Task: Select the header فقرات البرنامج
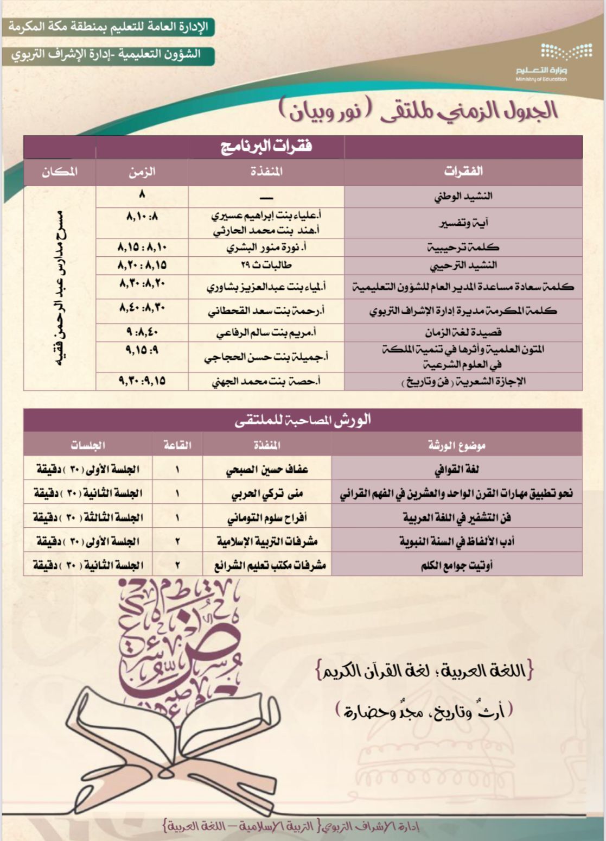[266, 147]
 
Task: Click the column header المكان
[60, 172]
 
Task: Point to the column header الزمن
[142, 172]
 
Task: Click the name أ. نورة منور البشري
[266, 248]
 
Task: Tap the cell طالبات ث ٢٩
[266, 265]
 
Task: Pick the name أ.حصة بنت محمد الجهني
[266, 381]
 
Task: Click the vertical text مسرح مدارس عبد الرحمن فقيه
[61, 288]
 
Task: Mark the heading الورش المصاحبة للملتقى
[303, 420]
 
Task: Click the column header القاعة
[177, 446]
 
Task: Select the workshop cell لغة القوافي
[457, 469]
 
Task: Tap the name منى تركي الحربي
[267, 494]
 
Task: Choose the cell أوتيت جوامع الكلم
[457, 566]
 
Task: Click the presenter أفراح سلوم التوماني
[267, 517]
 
